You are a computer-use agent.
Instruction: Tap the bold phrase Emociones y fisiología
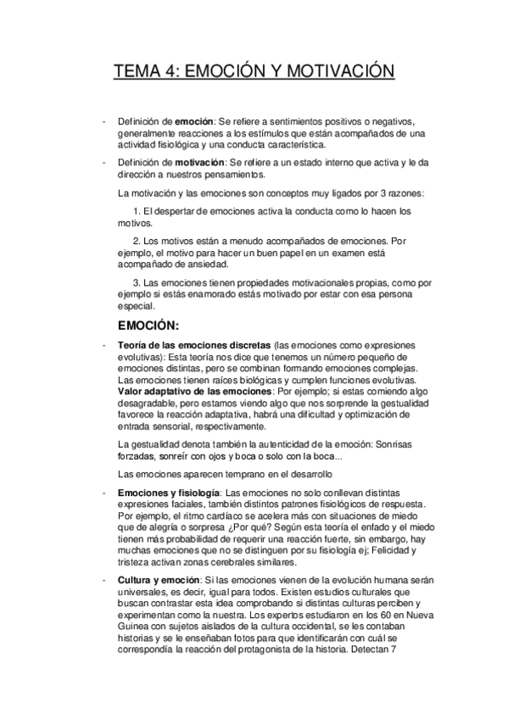coord(168,493)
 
